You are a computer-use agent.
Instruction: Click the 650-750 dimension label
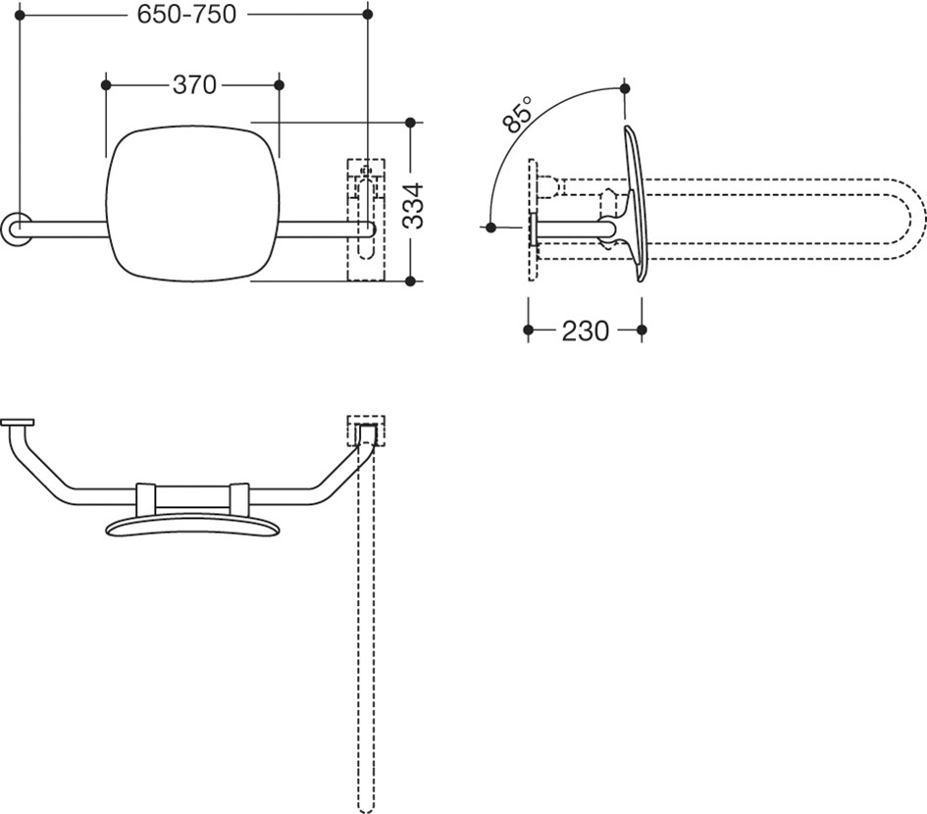186,14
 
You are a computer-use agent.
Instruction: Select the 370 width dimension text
194,85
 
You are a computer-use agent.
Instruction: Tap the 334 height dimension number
413,206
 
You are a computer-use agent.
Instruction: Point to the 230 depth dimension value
586,331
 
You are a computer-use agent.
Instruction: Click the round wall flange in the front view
16,227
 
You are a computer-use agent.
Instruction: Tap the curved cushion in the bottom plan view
191,528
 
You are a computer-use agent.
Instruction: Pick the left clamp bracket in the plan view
145,497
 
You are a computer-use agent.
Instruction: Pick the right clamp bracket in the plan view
238,497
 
